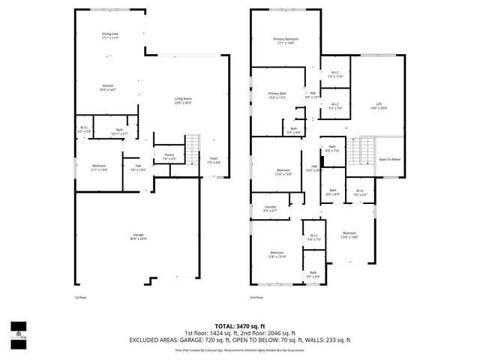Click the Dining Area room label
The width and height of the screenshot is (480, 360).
111,35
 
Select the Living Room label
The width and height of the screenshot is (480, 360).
184,100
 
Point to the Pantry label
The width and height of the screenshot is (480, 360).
169,156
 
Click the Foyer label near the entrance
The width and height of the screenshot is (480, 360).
214,160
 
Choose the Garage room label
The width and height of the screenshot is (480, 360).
136,236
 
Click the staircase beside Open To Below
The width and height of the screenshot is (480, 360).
367,149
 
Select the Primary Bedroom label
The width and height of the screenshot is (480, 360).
286,40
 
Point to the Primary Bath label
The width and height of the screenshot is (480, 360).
277,95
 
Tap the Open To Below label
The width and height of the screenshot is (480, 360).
390,159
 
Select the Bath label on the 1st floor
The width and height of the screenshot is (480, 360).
109,131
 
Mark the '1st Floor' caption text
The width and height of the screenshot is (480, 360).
80,298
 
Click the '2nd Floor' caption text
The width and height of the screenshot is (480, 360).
257,298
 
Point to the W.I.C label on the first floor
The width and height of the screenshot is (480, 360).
85,129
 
